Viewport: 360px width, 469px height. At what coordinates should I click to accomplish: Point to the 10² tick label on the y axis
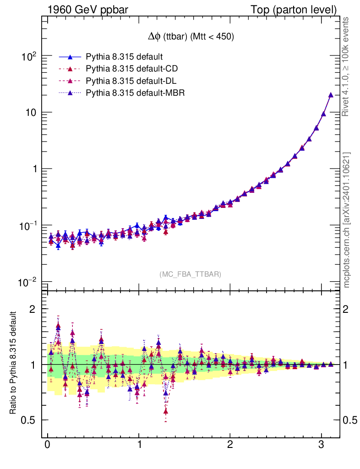tap(28, 57)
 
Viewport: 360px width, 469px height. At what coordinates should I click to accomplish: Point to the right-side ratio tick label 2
tap(349, 309)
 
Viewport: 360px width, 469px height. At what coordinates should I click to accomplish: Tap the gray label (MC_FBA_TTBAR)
tap(190, 274)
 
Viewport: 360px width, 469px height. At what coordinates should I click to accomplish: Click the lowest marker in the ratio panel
tap(166, 411)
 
